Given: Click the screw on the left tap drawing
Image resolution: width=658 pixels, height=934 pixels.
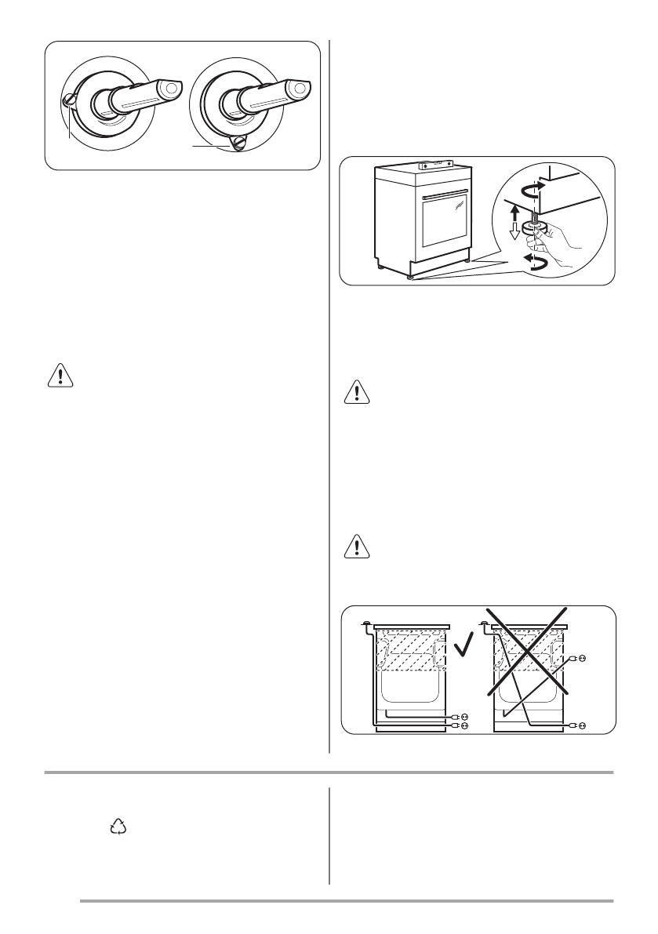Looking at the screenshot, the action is tap(68, 100).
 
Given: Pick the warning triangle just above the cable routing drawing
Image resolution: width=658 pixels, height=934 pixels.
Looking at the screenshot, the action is tap(357, 546).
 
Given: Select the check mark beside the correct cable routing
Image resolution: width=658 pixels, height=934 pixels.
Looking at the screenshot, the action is tap(465, 648).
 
